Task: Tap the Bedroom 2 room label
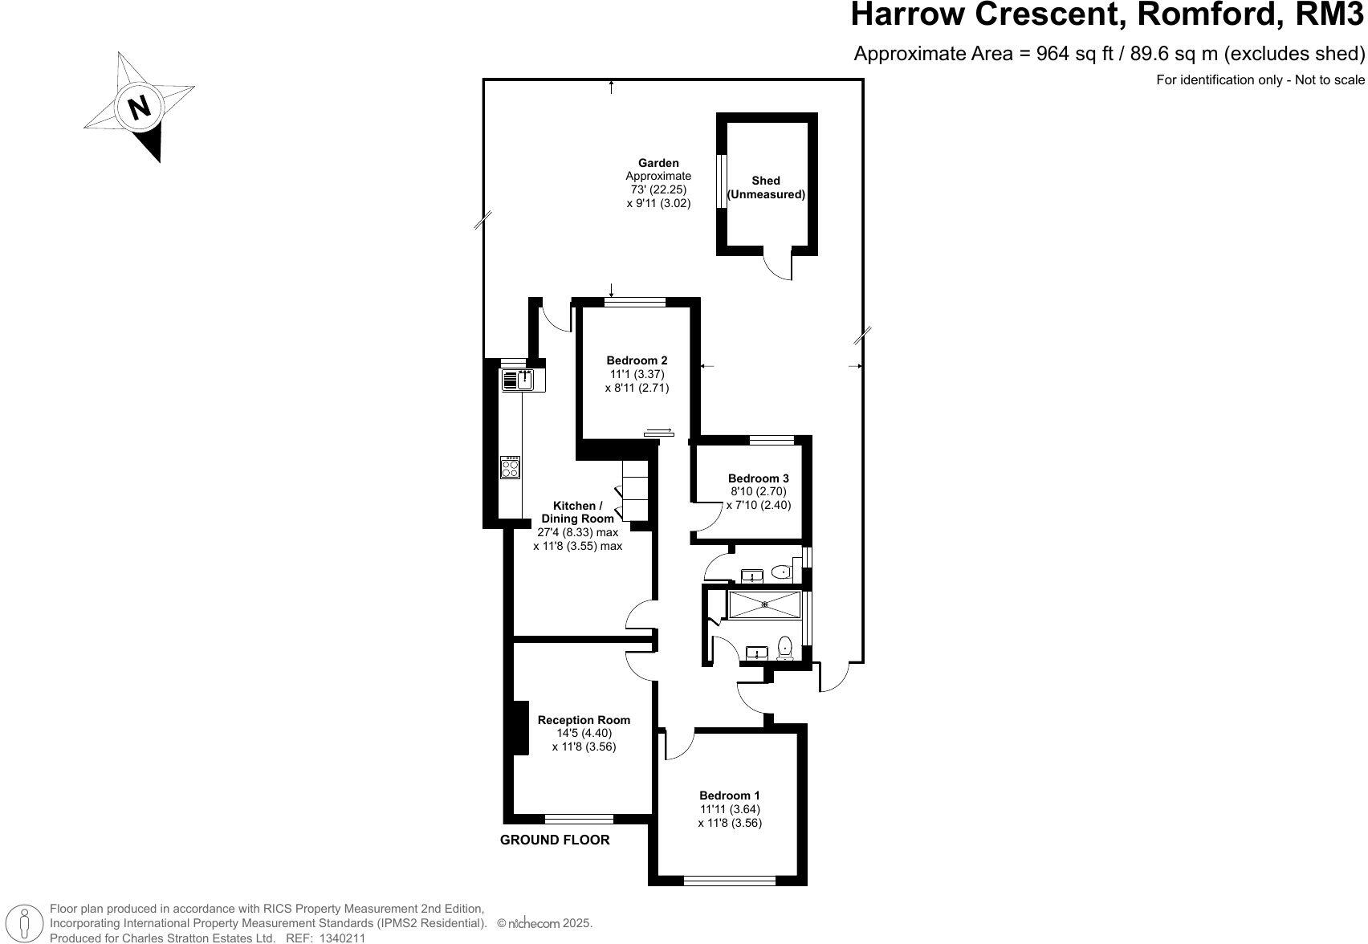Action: tap(637, 360)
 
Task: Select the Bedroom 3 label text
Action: tap(758, 478)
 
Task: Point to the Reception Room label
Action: tap(584, 720)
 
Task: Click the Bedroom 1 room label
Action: tap(729, 795)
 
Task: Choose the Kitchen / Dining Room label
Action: tap(577, 512)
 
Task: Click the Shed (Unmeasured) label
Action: tap(766, 188)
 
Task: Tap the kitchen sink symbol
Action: tap(519, 380)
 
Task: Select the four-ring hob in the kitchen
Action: tap(510, 467)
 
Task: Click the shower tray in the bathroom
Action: tap(763, 604)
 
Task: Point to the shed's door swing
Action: tap(778, 265)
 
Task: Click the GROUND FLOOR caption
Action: tap(555, 840)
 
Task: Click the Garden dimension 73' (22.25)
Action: tap(658, 189)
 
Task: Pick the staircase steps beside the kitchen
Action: tap(634, 490)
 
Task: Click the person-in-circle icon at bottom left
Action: tap(25, 923)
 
